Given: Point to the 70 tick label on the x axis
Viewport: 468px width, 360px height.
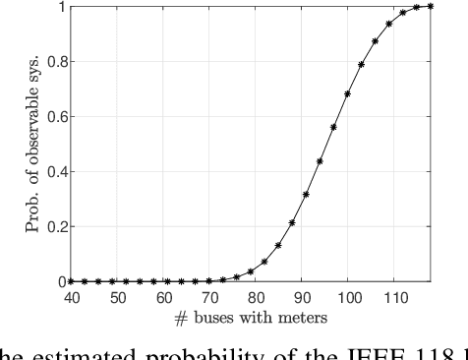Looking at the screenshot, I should click(x=208, y=295).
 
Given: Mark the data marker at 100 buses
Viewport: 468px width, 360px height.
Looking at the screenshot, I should click(x=347, y=94).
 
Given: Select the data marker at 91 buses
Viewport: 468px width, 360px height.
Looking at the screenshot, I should click(x=306, y=194).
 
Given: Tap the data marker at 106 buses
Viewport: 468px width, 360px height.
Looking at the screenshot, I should click(x=375, y=41).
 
